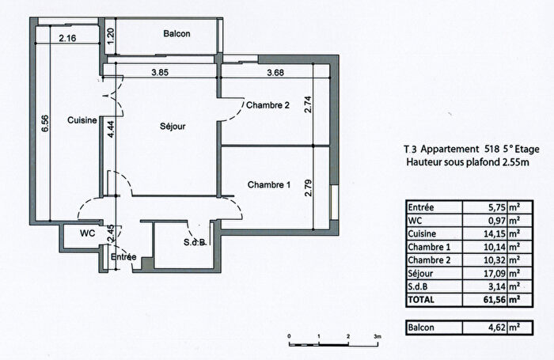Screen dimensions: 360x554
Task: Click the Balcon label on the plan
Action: [177, 34]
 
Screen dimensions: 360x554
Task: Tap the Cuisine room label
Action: [82, 120]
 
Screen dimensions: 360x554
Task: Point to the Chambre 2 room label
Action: [268, 105]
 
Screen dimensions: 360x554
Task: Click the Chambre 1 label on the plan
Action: [270, 185]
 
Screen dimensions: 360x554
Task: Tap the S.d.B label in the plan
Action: [195, 241]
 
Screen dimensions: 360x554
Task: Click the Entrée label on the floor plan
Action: [123, 258]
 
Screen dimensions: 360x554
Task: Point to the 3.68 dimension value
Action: [275, 74]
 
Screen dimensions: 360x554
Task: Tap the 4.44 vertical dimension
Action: [112, 125]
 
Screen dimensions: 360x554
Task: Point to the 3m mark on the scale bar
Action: [378, 335]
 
